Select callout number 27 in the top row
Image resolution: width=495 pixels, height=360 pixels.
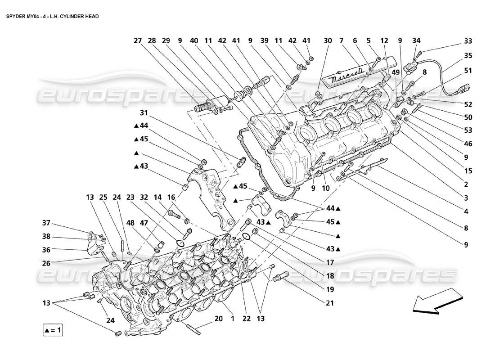tap(138, 40)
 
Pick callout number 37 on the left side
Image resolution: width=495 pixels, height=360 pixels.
tap(46, 223)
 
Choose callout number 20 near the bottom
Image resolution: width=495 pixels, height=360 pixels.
tap(219, 319)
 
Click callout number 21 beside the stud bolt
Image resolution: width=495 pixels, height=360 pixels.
tap(330, 303)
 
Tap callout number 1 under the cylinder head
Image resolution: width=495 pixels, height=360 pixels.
tap(233, 319)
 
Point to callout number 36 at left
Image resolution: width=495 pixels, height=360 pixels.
tap(46, 249)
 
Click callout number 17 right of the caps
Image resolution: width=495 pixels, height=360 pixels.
tap(330, 262)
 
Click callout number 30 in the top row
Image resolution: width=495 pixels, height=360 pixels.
tap(328, 40)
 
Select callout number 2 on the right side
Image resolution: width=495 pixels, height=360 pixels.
tap(466, 184)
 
